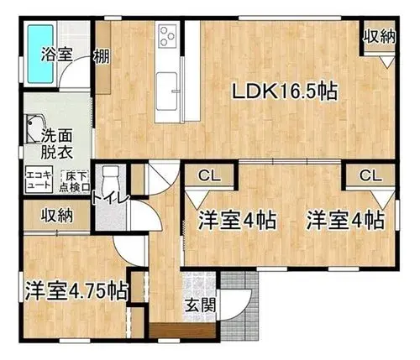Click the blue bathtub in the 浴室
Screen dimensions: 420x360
[x=40, y=54]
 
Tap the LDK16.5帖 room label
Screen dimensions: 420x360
[x=284, y=91]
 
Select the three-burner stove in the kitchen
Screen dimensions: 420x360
[x=168, y=35]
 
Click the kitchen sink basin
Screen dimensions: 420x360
[x=166, y=91]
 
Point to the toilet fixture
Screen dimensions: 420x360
[x=111, y=179]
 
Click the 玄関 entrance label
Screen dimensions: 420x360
[x=201, y=305]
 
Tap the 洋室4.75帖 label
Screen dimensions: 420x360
[x=76, y=291]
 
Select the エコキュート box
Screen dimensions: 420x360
[x=39, y=180]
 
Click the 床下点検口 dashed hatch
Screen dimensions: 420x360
[x=75, y=181]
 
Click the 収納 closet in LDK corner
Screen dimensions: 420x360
[x=380, y=36]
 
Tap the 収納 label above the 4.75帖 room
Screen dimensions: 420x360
[x=57, y=216]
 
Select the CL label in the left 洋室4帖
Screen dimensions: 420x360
[x=210, y=175]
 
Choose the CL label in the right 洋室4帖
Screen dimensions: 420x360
[x=370, y=175]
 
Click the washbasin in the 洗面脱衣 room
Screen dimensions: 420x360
[x=34, y=128]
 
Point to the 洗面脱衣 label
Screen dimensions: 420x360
[x=57, y=143]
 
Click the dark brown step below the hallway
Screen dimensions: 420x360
[x=182, y=331]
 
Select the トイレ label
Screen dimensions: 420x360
[x=111, y=198]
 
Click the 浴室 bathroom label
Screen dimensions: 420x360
[x=57, y=54]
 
